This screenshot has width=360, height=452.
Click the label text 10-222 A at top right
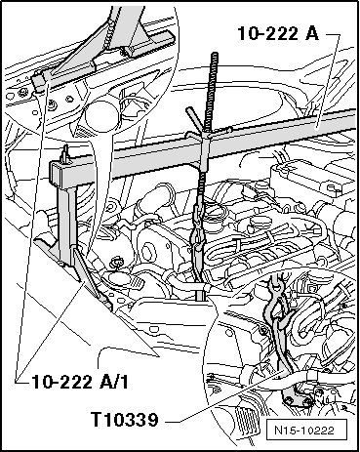click(x=278, y=33)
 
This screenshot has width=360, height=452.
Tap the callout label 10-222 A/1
click(x=80, y=382)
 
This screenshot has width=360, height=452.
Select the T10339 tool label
click(x=125, y=420)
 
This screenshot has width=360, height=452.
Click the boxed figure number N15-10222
click(x=304, y=431)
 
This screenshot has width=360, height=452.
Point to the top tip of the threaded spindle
click(x=215, y=54)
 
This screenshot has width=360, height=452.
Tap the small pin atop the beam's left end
click(x=66, y=153)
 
